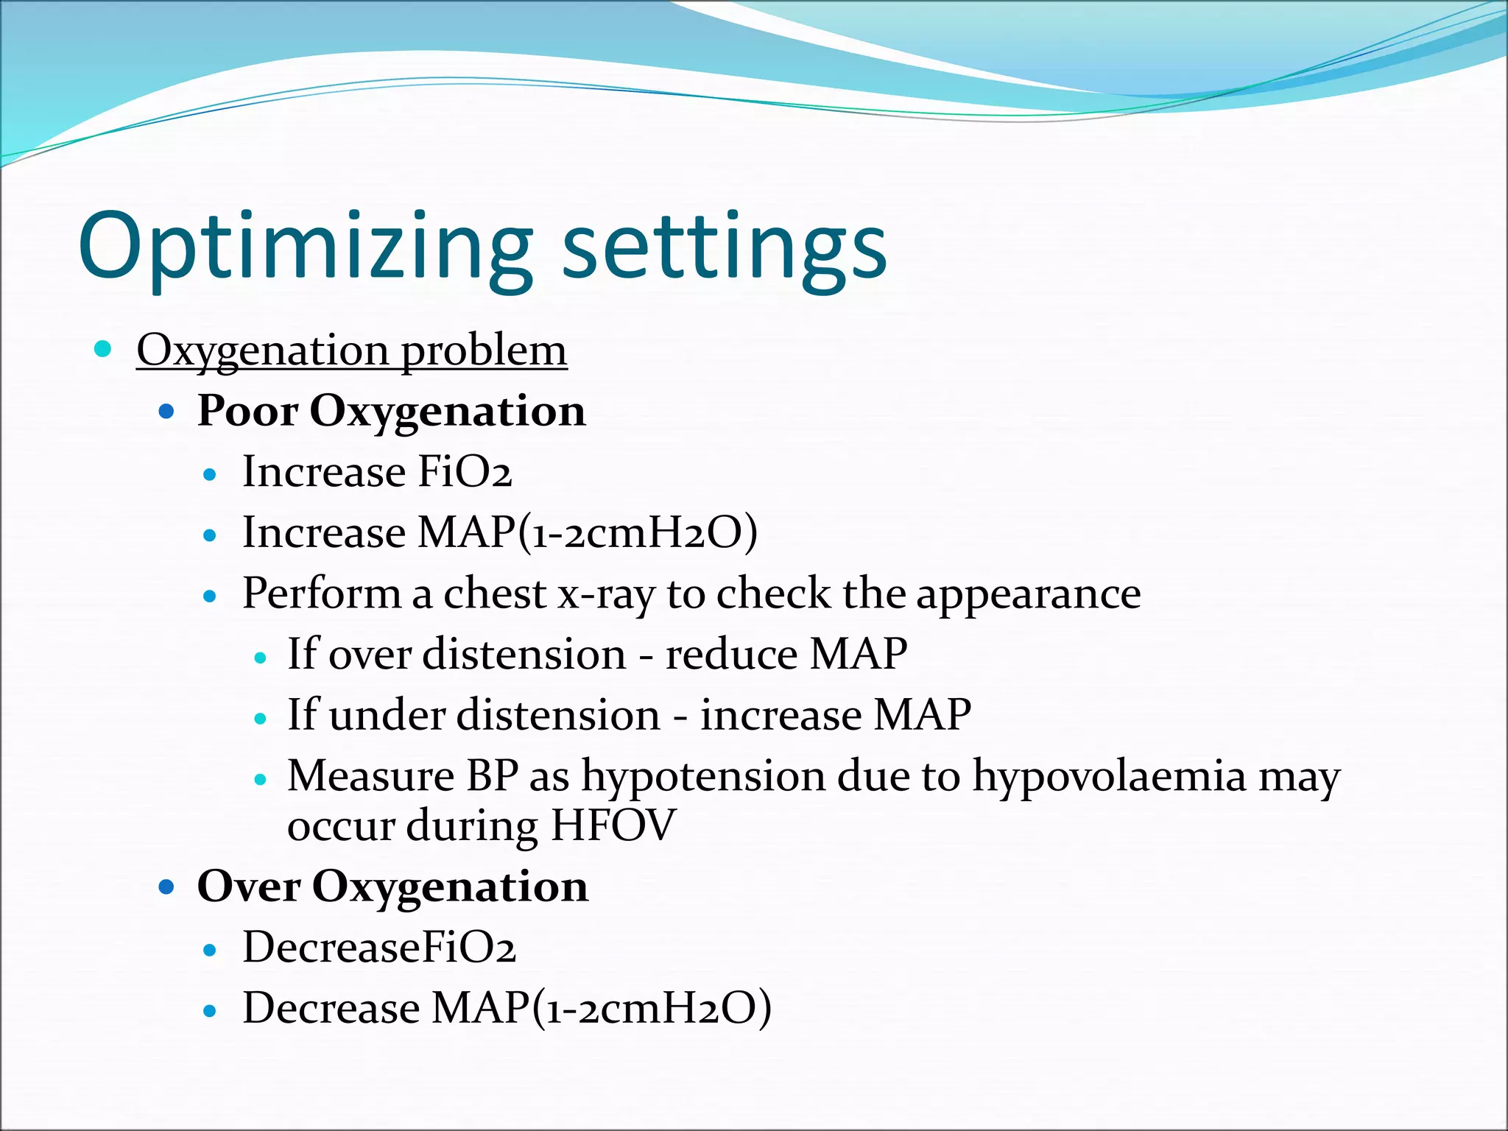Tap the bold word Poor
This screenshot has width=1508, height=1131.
coord(247,410)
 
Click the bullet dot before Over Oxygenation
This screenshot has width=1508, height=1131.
coord(167,886)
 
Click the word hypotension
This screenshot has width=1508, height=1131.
coord(703,776)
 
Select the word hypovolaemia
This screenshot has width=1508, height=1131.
coord(1109,776)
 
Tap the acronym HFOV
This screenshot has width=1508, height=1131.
coord(613,825)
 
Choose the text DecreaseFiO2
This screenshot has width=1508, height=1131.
coord(378,947)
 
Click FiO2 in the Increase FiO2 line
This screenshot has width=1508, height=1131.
coord(464,472)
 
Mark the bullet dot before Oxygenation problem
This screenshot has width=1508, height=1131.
coord(103,349)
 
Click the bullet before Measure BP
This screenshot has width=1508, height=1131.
coord(259,779)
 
